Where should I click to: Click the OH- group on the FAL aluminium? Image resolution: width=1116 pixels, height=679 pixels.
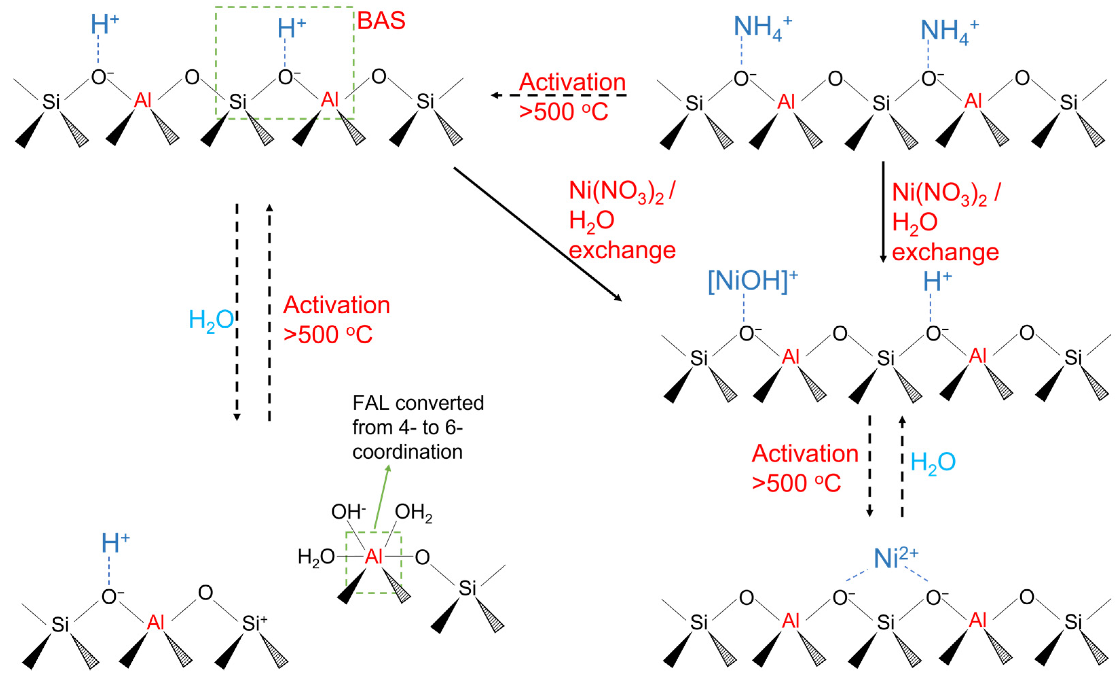pyautogui.click(x=348, y=512)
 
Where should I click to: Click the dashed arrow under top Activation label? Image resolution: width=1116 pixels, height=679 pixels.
pyautogui.click(x=559, y=95)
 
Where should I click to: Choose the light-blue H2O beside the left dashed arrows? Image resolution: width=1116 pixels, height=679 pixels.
pyautogui.click(x=211, y=320)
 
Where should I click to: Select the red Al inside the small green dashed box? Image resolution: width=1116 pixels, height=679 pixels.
pyautogui.click(x=374, y=556)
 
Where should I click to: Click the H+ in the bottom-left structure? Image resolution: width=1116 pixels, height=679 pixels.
pyautogui.click(x=115, y=543)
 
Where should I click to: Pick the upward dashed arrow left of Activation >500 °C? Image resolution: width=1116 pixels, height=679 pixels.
pyautogui.click(x=269, y=313)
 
